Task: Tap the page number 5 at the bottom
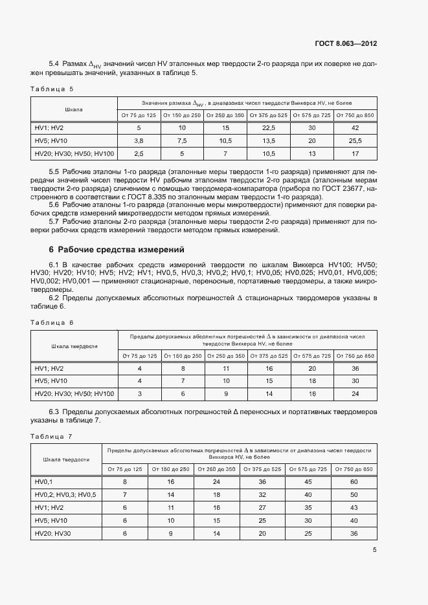pyautogui.click(x=374, y=550)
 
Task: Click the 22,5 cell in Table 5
pyautogui.click(x=268, y=128)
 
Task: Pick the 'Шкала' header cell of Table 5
pyautogui.click(x=74, y=109)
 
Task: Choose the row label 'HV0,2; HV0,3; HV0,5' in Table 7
pyautogui.click(x=65, y=494)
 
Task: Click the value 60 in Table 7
pyautogui.click(x=354, y=482)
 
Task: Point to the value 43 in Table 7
pyautogui.click(x=354, y=507)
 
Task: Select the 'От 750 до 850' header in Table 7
pyautogui.click(x=354, y=469)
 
